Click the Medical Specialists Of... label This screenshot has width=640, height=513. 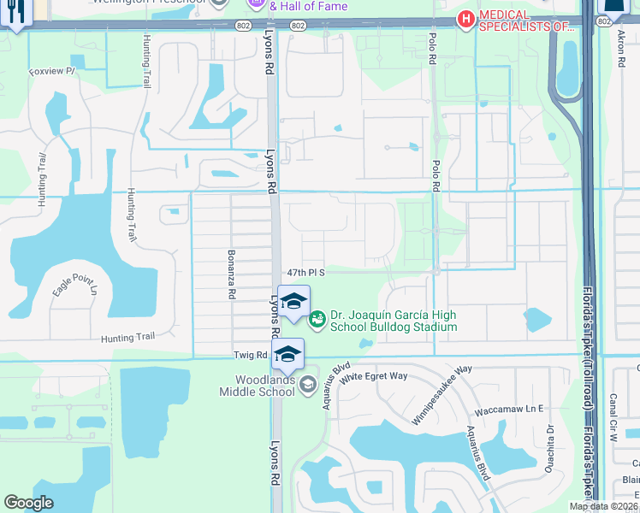(x=526, y=20)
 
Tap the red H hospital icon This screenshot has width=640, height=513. (x=466, y=19)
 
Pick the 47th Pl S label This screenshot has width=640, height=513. (x=305, y=271)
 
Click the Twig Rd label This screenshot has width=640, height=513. (x=250, y=354)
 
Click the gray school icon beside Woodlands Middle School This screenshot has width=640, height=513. (x=307, y=387)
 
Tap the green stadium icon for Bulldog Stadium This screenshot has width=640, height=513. (x=317, y=319)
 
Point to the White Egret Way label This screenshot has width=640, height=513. (x=386, y=376)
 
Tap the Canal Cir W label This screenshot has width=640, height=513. (x=613, y=419)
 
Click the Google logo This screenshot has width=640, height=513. (x=28, y=503)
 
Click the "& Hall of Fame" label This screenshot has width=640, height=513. (x=310, y=6)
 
